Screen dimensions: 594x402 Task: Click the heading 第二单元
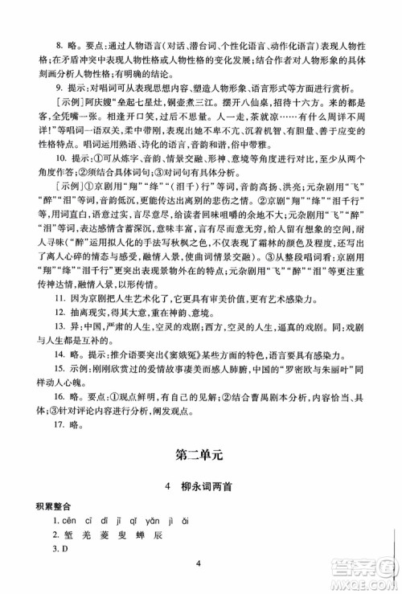[x=201, y=455]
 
